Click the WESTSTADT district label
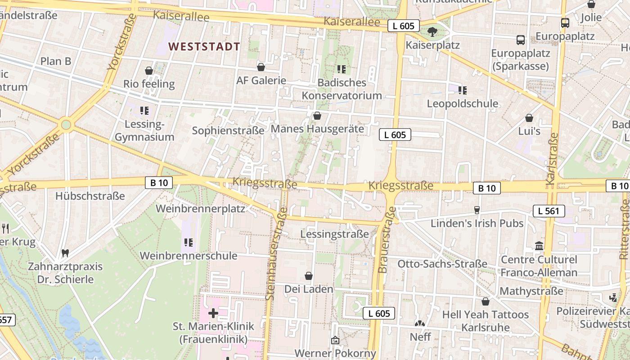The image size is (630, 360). pyautogui.click(x=204, y=46)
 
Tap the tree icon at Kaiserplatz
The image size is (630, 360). pyautogui.click(x=432, y=31)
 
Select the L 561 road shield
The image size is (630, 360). pyautogui.click(x=549, y=211)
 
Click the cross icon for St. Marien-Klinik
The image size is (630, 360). pyautogui.click(x=213, y=313)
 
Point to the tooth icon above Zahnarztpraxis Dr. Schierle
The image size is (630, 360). pyautogui.click(x=65, y=253)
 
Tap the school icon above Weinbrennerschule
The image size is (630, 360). pyautogui.click(x=189, y=243)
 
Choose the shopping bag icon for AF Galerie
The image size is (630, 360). pyautogui.click(x=261, y=67)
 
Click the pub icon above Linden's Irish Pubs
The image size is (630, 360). pyautogui.click(x=477, y=210)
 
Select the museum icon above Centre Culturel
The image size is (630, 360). pyautogui.click(x=539, y=246)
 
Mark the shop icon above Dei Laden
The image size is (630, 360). pyautogui.click(x=309, y=276)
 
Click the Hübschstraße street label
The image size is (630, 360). pyautogui.click(x=90, y=196)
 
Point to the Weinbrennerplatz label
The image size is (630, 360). pyautogui.click(x=200, y=209)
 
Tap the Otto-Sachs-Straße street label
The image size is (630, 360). pyautogui.click(x=442, y=264)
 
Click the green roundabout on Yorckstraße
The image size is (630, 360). pyautogui.click(x=66, y=124)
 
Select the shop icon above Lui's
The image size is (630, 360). pyautogui.click(x=529, y=118)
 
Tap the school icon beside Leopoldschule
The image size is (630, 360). pyautogui.click(x=462, y=90)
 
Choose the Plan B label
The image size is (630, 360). pyautogui.click(x=56, y=61)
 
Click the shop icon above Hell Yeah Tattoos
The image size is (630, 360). pyautogui.click(x=485, y=301)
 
